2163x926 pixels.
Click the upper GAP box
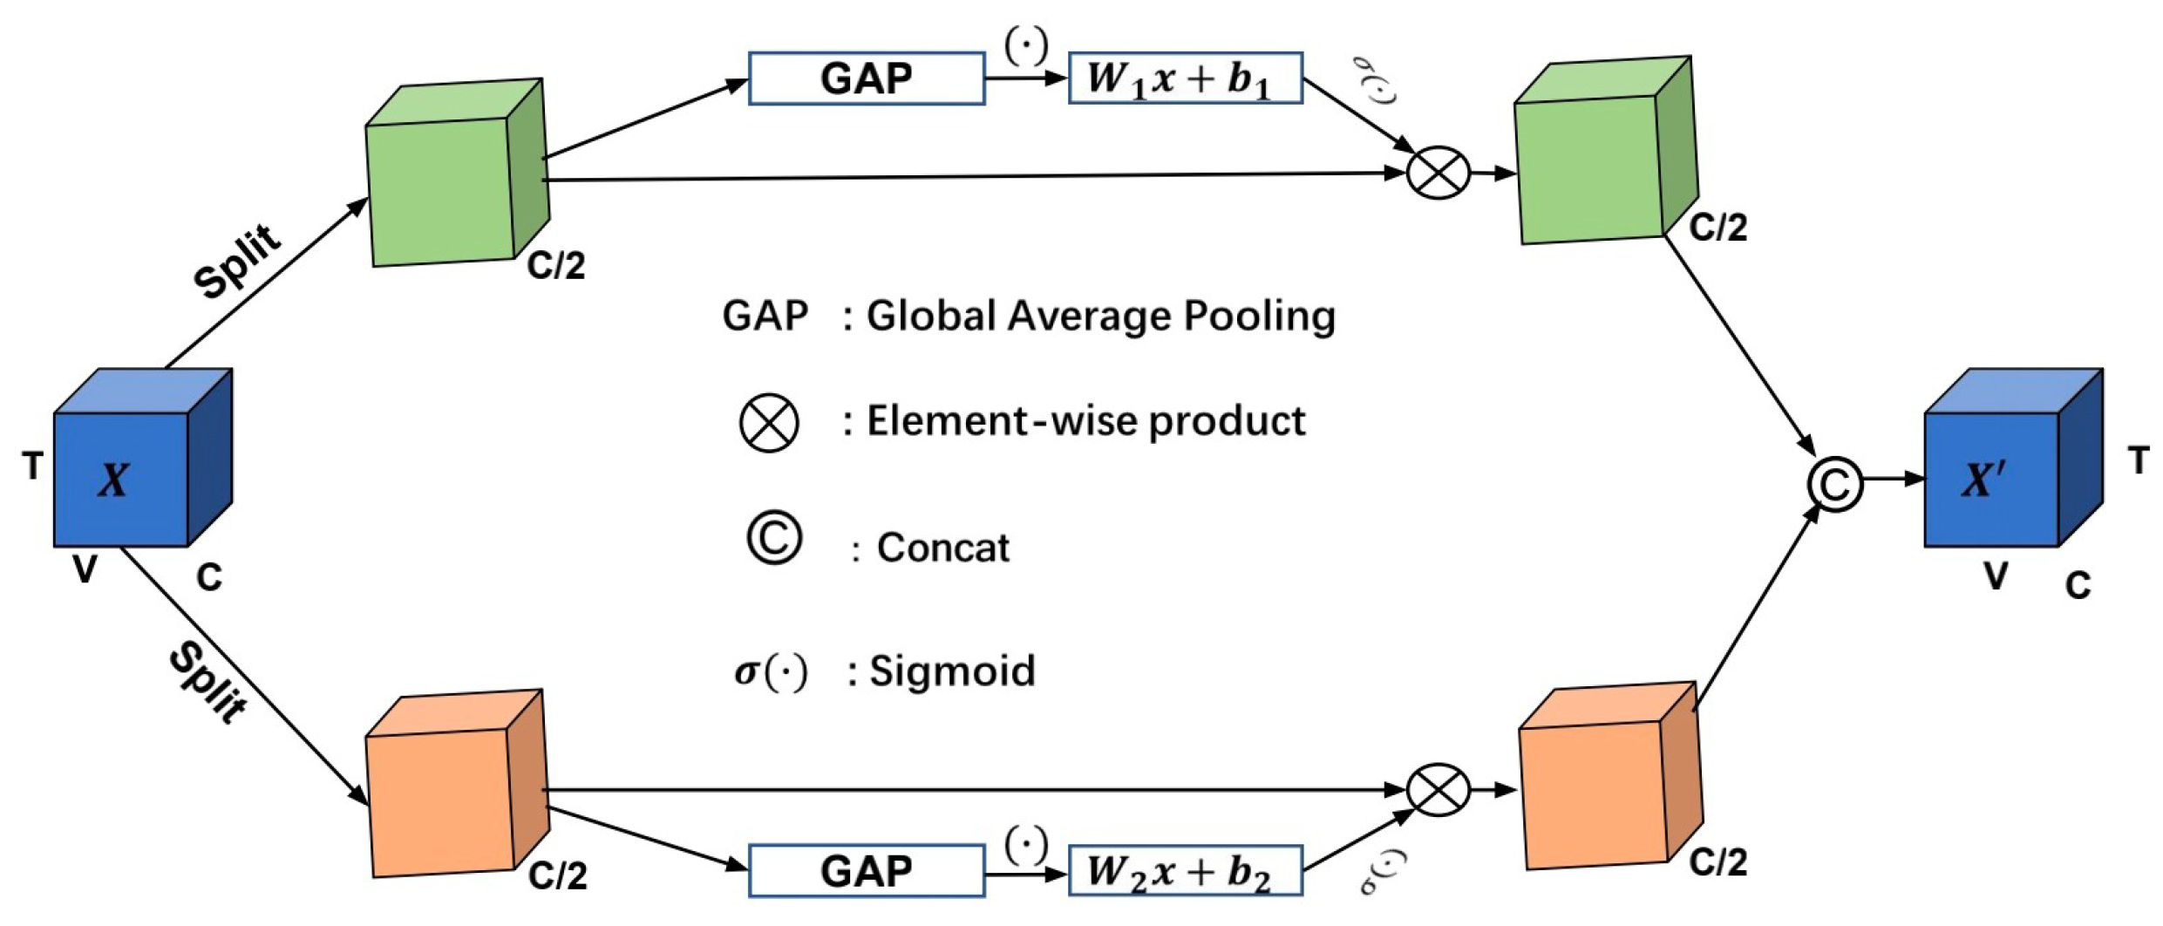click(866, 78)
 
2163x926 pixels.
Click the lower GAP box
click(866, 870)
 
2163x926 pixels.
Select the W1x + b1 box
click(1185, 78)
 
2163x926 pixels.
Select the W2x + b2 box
click(1185, 870)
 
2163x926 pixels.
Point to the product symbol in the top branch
click(1438, 173)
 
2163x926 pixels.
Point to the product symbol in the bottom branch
click(1438, 790)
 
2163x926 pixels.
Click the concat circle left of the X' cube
click(1834, 484)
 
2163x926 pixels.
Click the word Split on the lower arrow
click(207, 682)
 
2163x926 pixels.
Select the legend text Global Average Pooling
click(1100, 316)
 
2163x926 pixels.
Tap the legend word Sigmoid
click(952, 671)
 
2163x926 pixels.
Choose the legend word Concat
click(942, 548)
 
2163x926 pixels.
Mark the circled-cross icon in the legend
click(769, 423)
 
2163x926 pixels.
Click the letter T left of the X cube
click(33, 466)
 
